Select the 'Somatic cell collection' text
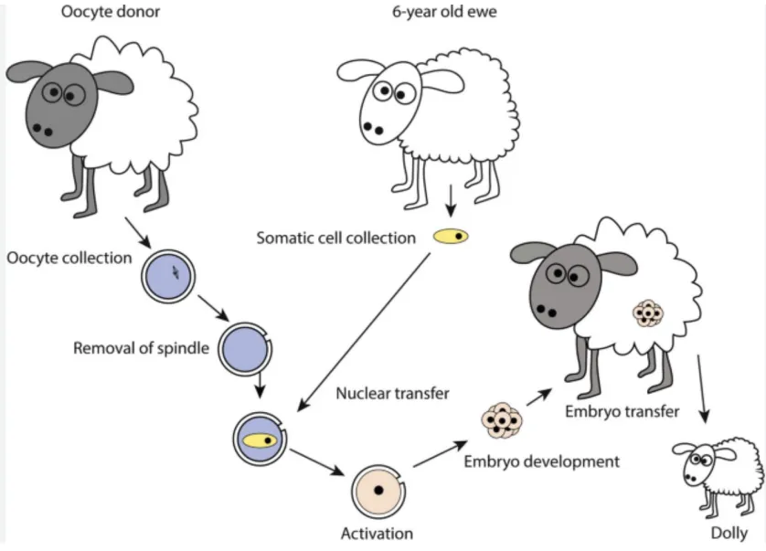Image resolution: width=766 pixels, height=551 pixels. pos(335,238)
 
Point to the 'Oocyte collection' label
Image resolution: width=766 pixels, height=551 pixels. pos(69,258)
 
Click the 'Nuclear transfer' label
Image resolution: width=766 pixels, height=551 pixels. pos(392,394)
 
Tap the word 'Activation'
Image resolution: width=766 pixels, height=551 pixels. pos(377,533)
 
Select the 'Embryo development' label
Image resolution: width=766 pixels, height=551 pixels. pos(541,461)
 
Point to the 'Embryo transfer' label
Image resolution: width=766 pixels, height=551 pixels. pos(622,411)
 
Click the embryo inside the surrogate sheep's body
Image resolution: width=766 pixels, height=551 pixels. pos(648,313)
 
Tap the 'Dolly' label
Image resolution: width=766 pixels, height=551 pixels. pos(728,533)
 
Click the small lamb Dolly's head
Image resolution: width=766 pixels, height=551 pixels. pos(693,462)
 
